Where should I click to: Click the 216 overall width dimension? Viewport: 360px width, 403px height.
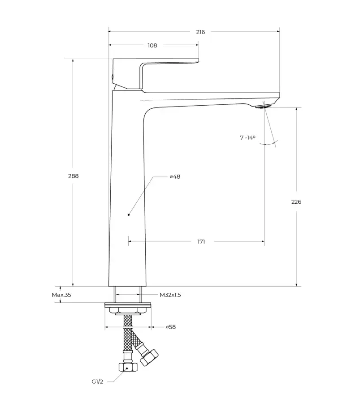click(x=200, y=32)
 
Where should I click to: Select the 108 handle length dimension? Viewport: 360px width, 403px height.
click(x=152, y=46)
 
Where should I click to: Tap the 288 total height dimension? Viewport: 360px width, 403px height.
click(x=74, y=176)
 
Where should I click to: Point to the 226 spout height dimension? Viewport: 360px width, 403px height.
click(x=296, y=202)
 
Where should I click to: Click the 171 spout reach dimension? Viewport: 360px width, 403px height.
click(x=201, y=242)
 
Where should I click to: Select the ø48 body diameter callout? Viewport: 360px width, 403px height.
click(x=175, y=176)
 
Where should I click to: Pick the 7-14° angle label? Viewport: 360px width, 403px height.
click(x=247, y=137)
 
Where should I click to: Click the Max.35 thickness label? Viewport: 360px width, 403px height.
click(x=61, y=295)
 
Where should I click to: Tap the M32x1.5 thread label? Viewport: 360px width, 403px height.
click(x=170, y=295)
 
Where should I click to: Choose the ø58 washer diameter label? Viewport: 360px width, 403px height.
click(x=171, y=327)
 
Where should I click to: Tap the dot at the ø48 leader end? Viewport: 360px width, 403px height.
click(x=129, y=214)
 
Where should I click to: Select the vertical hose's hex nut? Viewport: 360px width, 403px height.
click(x=128, y=367)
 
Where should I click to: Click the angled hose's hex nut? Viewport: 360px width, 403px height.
click(x=149, y=357)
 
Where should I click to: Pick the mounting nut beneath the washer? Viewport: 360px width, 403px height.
click(x=128, y=311)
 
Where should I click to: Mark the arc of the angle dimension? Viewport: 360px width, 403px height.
click(x=269, y=143)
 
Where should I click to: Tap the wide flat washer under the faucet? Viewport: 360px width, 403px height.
click(x=128, y=305)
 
